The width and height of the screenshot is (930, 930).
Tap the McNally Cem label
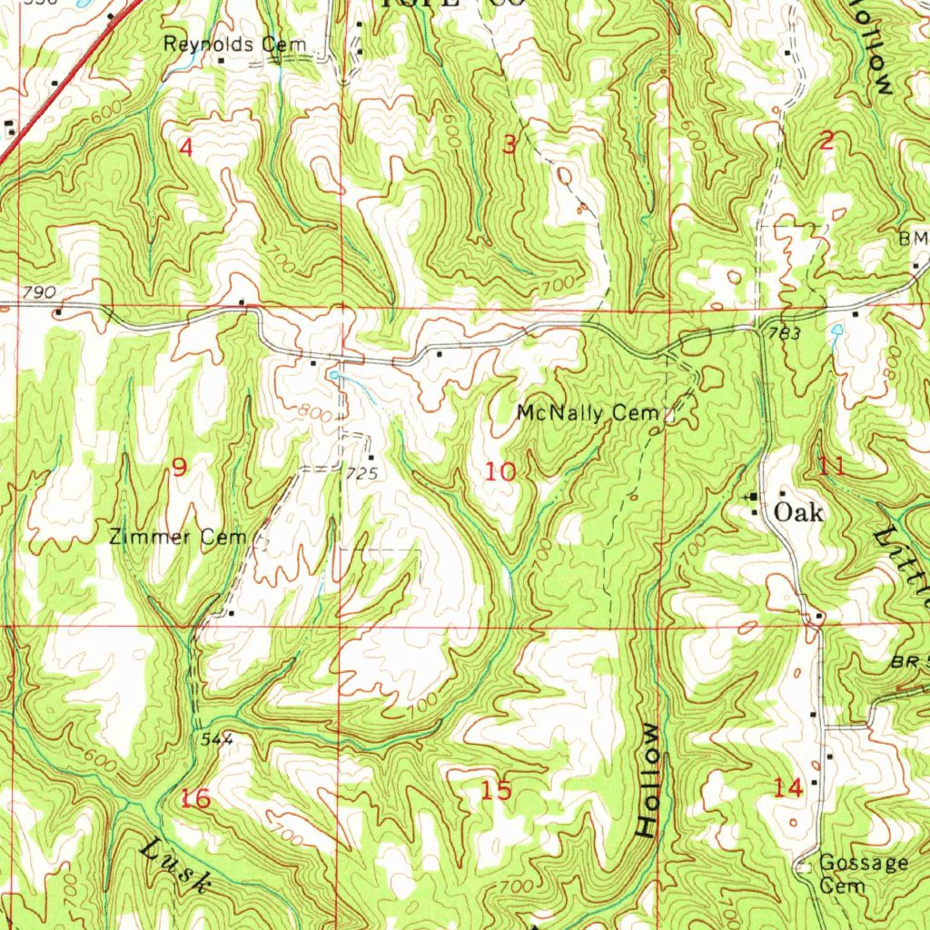586,414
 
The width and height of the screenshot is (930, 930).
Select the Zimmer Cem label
177,538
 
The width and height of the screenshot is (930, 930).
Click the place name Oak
798,513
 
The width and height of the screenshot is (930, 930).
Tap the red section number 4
186,147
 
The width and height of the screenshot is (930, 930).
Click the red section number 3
510,144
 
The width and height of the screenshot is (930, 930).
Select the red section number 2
826,141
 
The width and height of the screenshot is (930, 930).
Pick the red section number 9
180,468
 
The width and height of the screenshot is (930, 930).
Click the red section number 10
500,471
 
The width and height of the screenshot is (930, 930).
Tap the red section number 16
196,799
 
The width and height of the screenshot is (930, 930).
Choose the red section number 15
497,791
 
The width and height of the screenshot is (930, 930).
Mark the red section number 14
788,789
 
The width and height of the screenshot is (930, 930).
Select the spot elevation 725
361,474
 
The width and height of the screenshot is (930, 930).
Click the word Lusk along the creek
178,867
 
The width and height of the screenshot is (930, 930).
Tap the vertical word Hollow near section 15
648,781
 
